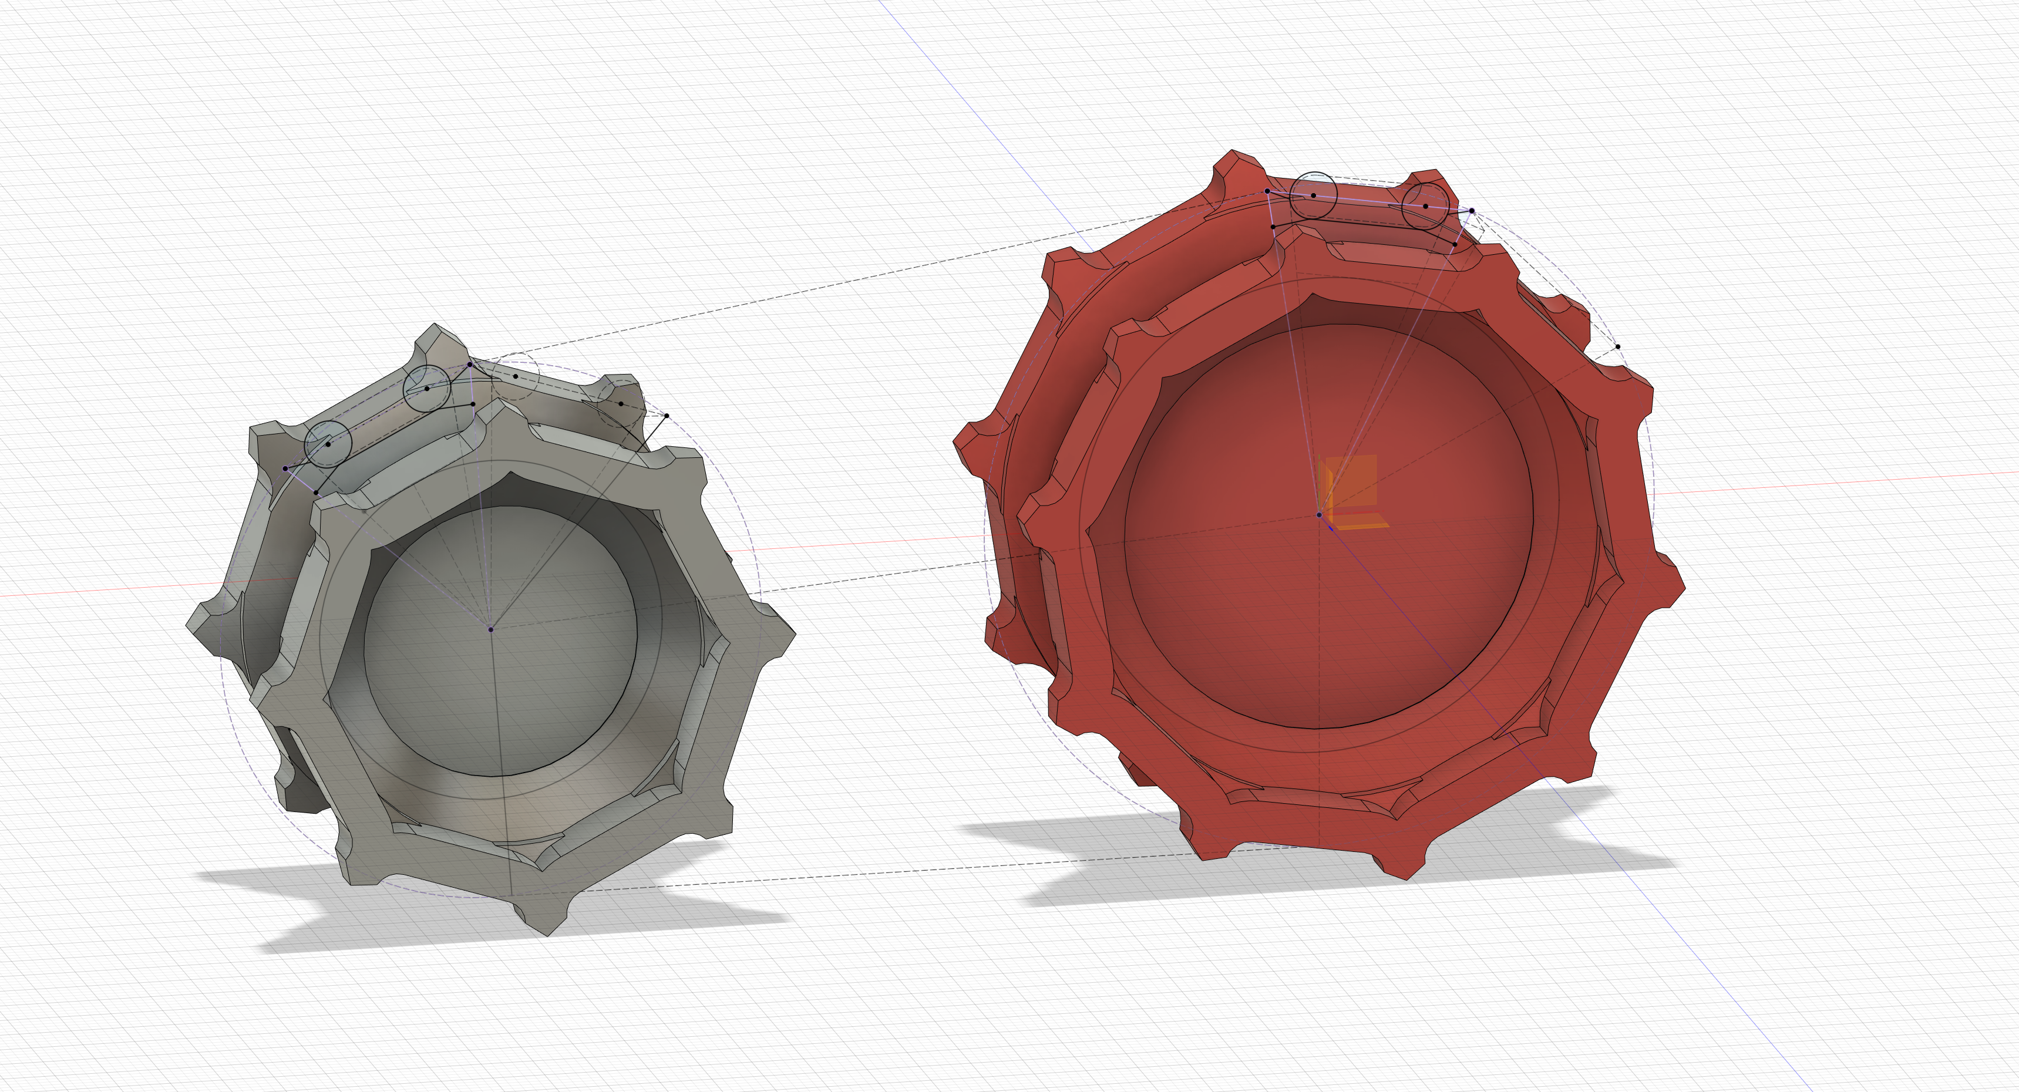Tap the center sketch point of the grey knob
click(490, 629)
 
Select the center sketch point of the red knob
click(1319, 515)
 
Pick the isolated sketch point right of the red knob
click(1618, 346)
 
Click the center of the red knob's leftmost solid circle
click(1314, 195)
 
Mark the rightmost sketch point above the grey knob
click(666, 415)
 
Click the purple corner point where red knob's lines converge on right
click(1471, 211)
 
